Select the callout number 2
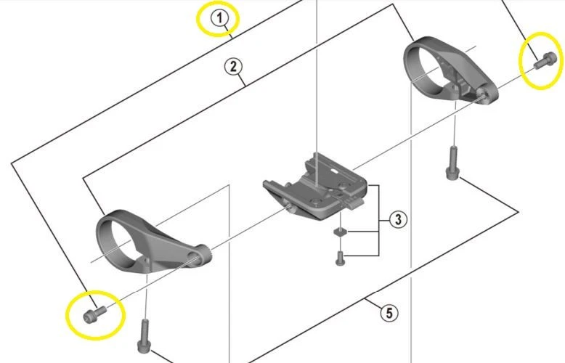point(232,67)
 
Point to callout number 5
point(390,313)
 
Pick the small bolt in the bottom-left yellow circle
point(93,313)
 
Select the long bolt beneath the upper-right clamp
point(452,165)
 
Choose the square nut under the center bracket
point(338,232)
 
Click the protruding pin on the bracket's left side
point(290,208)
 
